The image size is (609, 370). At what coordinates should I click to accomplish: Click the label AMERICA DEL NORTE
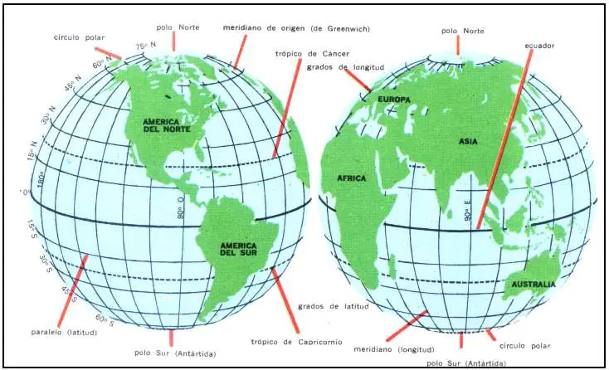tap(164, 126)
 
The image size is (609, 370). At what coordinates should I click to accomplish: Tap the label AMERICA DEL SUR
tap(232, 248)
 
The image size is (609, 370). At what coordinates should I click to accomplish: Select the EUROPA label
tap(394, 100)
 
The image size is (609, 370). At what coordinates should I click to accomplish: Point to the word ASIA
tap(468, 142)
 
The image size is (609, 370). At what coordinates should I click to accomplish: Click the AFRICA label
tap(352, 178)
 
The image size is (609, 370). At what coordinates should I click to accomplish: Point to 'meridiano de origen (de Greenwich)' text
tap(296, 28)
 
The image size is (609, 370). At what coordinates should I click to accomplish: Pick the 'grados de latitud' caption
tap(331, 305)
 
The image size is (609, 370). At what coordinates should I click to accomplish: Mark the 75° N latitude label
tap(147, 46)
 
